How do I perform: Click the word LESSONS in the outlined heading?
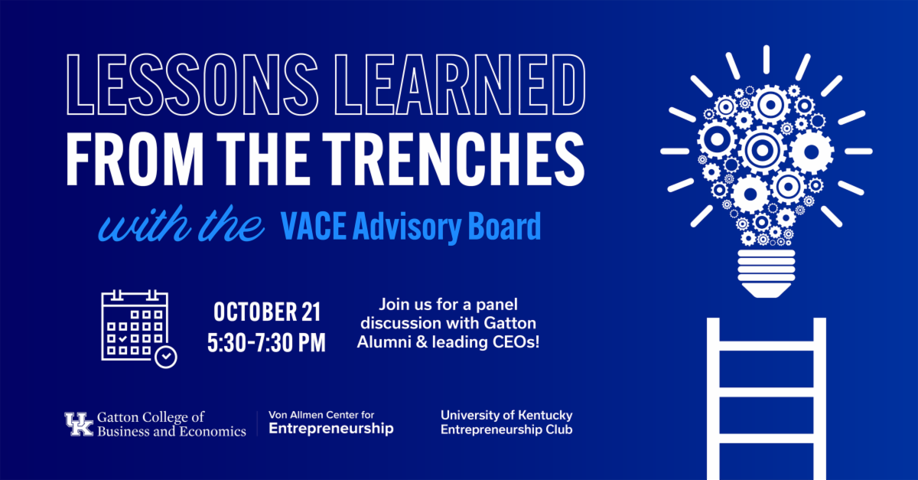(x=192, y=84)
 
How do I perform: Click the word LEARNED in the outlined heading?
(x=460, y=84)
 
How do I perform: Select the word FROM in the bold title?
(x=135, y=158)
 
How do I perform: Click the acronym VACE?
(x=313, y=226)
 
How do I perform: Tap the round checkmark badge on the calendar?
(x=166, y=358)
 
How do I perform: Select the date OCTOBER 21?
(x=267, y=312)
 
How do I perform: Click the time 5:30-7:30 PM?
(x=266, y=342)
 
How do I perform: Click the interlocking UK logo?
(x=79, y=424)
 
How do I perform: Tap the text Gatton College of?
(x=151, y=417)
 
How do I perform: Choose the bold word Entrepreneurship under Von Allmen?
(x=331, y=428)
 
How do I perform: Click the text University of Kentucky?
(x=506, y=415)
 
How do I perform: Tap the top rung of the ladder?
(x=767, y=345)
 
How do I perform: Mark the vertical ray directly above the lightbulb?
(x=766, y=60)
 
